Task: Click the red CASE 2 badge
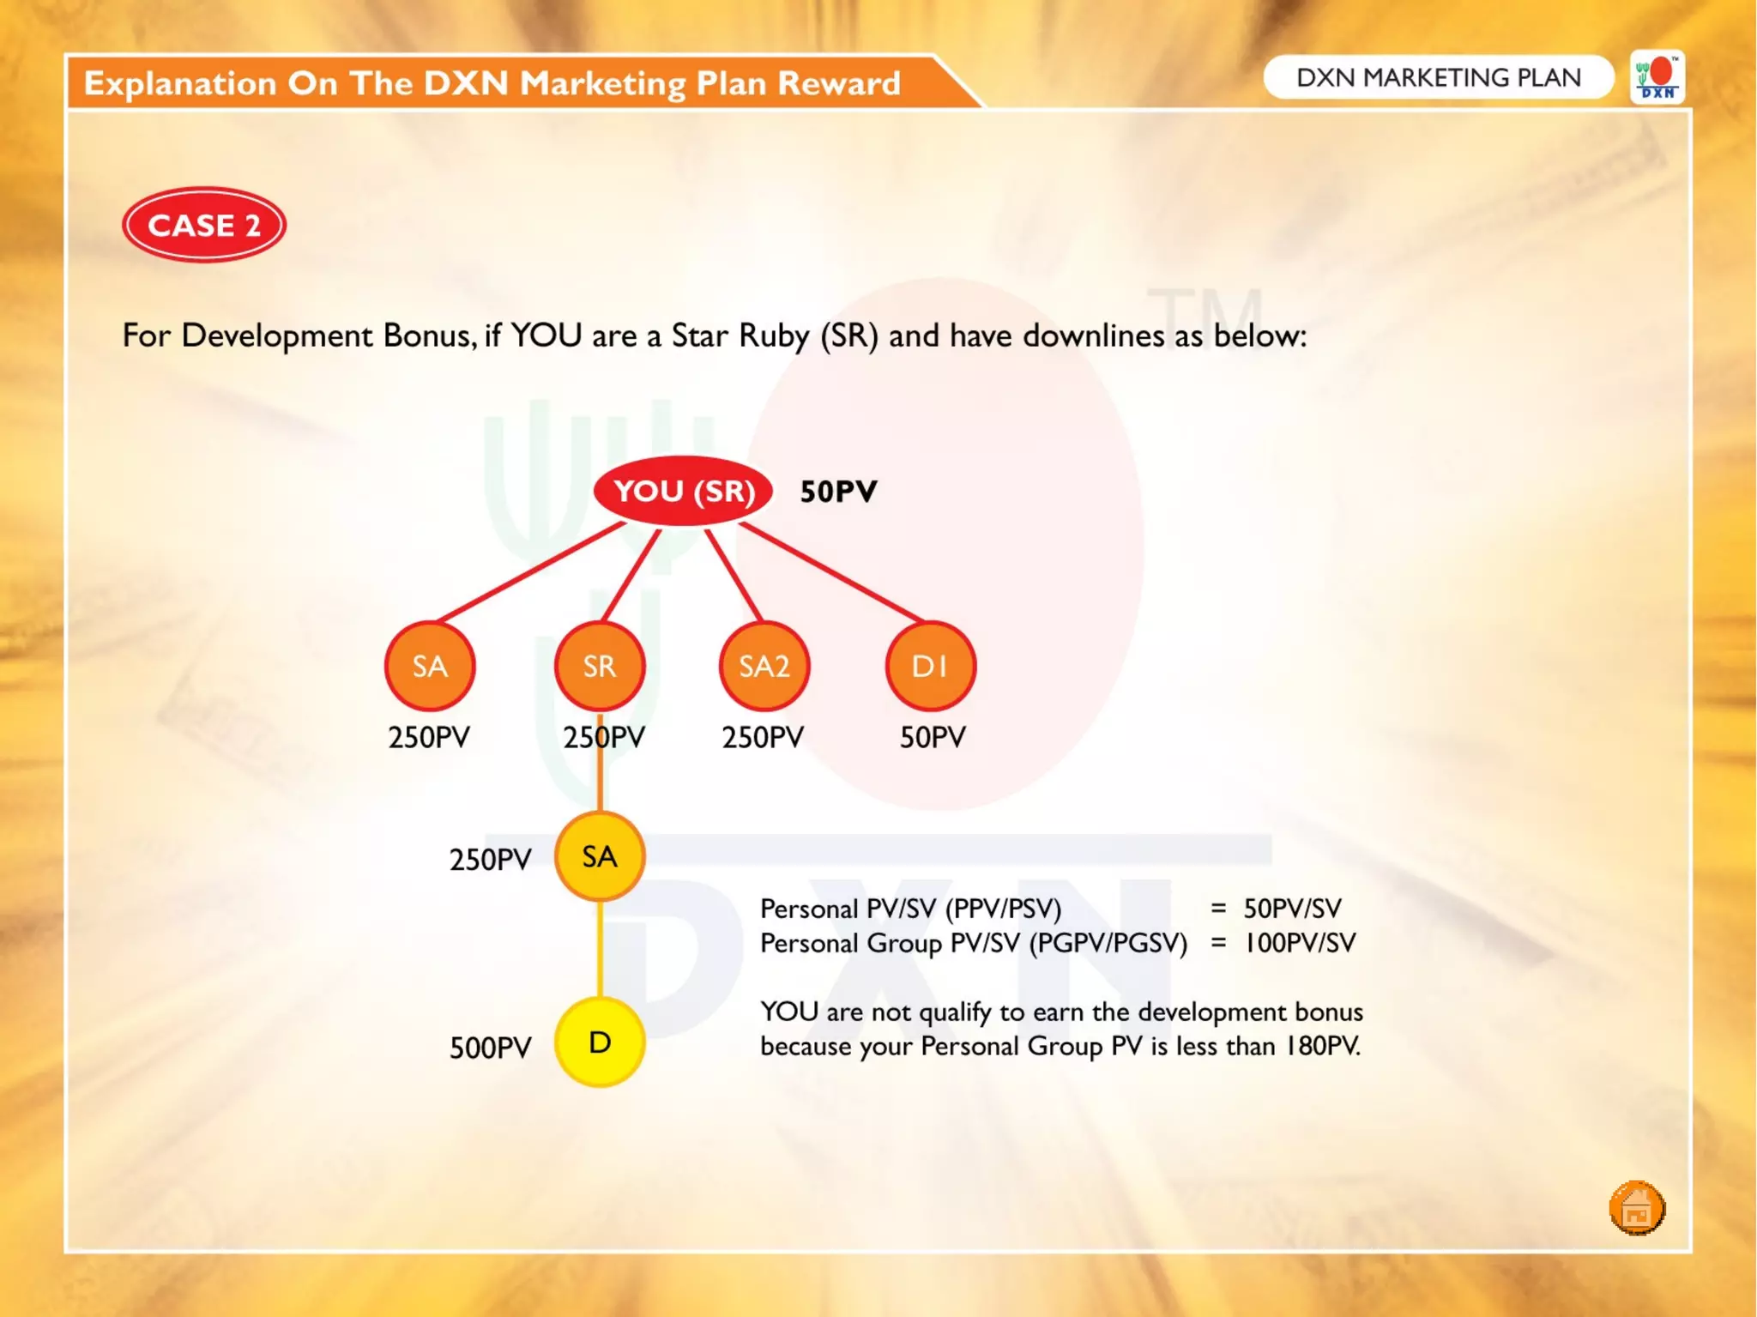point(204,225)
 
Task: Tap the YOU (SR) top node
point(684,491)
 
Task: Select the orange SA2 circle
point(764,666)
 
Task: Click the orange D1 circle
point(930,666)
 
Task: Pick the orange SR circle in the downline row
point(599,666)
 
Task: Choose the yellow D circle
point(600,1042)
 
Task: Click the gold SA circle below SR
point(599,856)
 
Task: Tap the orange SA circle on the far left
point(430,666)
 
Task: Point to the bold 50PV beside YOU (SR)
point(838,492)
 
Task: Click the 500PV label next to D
point(491,1048)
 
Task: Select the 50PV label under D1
point(933,737)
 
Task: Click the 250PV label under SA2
point(763,737)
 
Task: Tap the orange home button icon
point(1636,1208)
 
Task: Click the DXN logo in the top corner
point(1657,78)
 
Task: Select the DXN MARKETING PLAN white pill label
point(1438,77)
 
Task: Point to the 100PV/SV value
point(1300,943)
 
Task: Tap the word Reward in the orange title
point(838,83)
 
